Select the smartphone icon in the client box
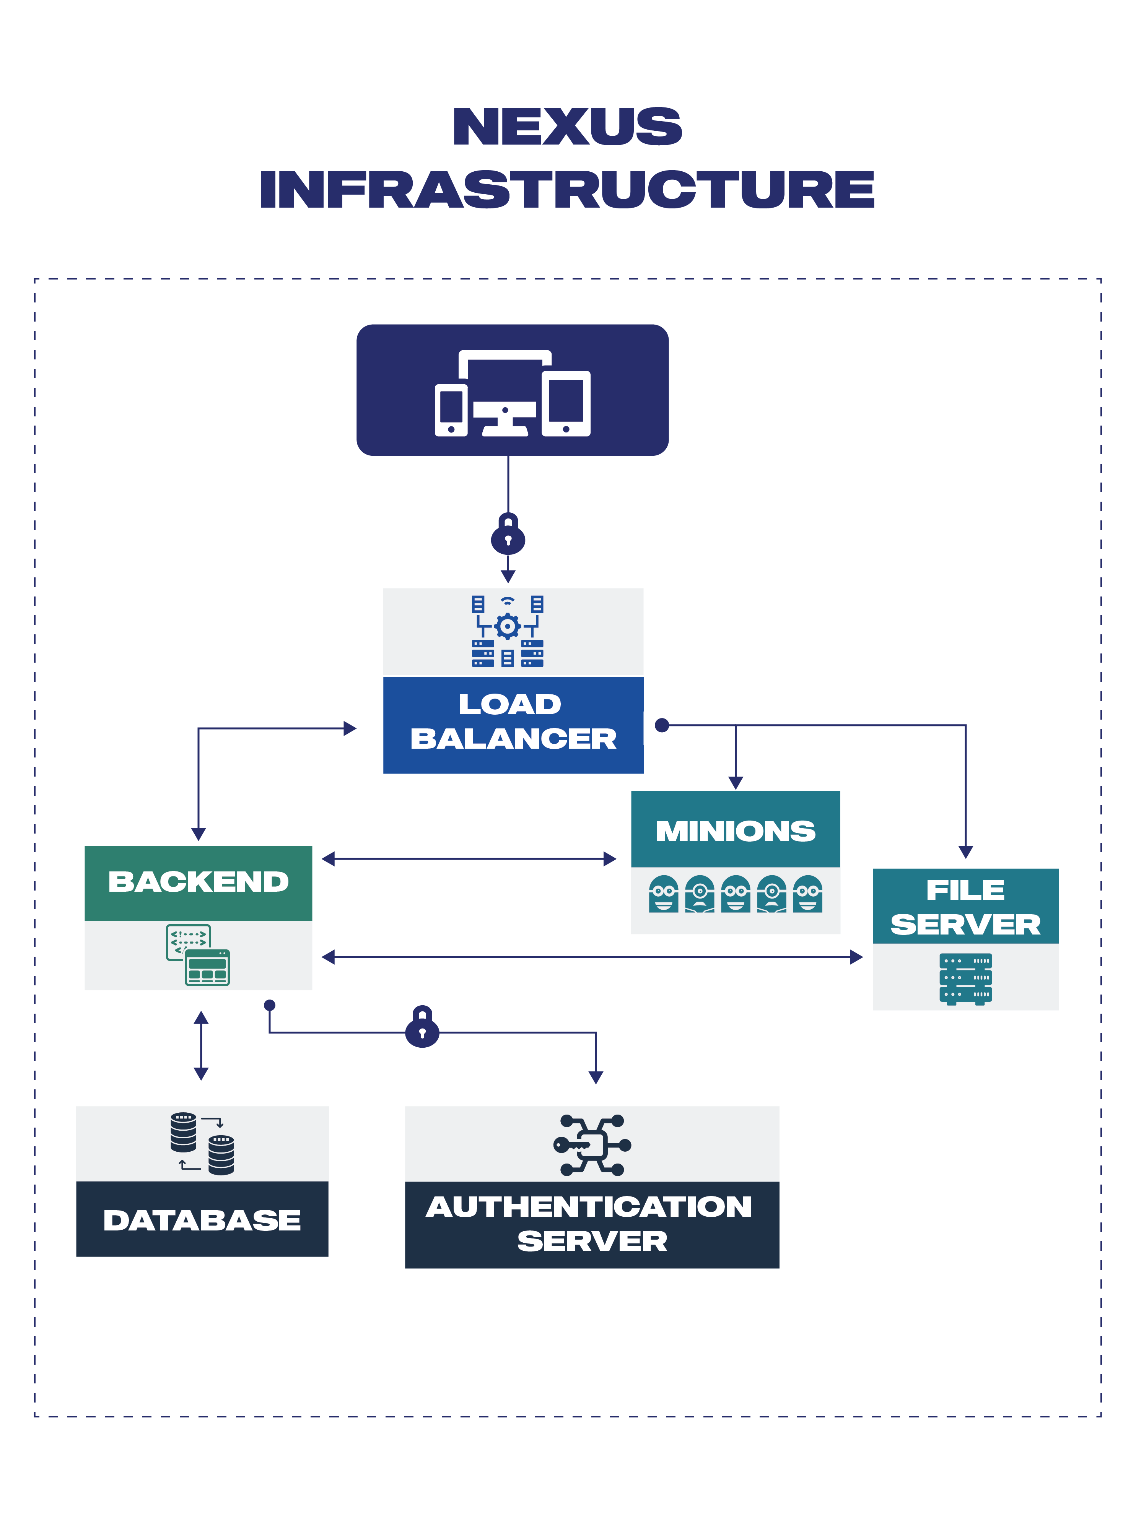(451, 410)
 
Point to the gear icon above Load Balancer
(508, 626)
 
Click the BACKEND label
(198, 882)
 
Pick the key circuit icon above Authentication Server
(592, 1145)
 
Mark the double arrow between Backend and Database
(201, 1045)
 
